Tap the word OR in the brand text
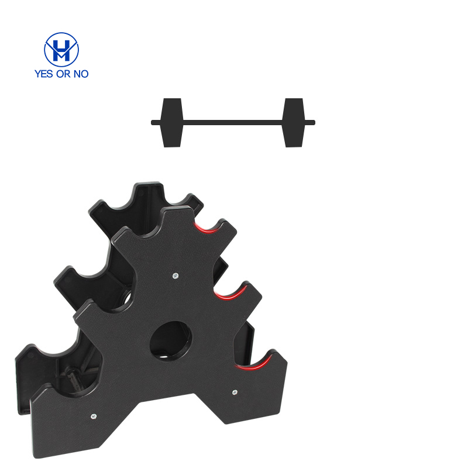64,74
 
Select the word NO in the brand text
81,74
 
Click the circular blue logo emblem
61,50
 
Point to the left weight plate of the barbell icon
172,123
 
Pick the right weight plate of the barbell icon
294,123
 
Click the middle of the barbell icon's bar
233,122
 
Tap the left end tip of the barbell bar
152,122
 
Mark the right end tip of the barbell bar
315,122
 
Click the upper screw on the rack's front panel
176,276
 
